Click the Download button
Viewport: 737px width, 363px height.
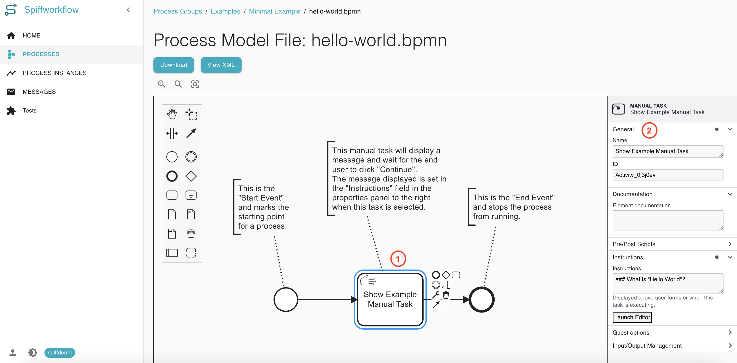point(173,65)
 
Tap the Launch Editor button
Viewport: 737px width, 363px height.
point(632,317)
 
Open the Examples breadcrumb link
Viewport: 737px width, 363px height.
point(225,11)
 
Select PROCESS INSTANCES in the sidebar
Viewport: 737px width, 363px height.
point(54,73)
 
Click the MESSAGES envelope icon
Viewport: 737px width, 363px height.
point(11,92)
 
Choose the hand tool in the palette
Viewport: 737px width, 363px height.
point(172,114)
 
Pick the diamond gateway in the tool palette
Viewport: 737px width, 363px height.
point(191,176)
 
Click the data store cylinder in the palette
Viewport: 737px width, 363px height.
point(191,234)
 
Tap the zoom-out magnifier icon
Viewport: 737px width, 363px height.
point(178,84)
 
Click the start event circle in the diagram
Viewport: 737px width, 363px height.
point(286,299)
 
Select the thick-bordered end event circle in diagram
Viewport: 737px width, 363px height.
point(482,299)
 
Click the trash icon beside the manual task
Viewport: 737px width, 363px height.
point(446,295)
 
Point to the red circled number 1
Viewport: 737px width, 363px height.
point(398,259)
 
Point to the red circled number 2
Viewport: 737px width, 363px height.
point(649,130)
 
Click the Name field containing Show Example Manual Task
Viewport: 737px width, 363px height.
point(668,151)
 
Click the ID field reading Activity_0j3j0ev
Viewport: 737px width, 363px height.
point(668,175)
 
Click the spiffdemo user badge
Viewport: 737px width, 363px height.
point(60,352)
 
